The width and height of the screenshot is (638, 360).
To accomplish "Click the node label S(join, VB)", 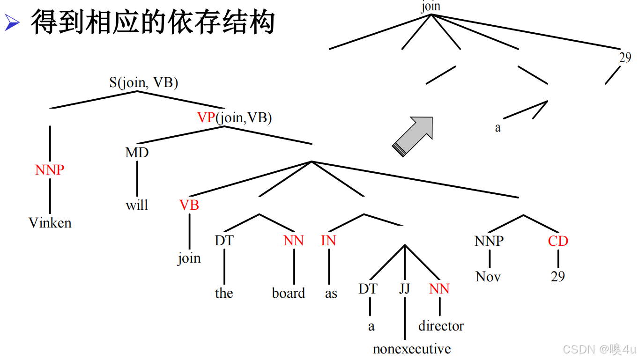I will [144, 83].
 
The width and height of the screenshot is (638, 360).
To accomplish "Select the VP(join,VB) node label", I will [235, 118].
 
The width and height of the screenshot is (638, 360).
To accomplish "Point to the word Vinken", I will [50, 223].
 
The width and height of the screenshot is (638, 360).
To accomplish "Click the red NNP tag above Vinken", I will [50, 170].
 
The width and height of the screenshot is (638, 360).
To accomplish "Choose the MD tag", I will [137, 153].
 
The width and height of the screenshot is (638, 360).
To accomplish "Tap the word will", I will [137, 205].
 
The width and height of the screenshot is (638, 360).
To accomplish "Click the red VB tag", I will [189, 205].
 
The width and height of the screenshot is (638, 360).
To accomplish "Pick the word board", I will [289, 294].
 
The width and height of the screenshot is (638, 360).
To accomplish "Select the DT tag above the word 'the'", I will [224, 241].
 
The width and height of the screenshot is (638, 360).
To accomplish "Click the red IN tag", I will [328, 241].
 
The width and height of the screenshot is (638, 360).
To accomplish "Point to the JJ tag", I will [405, 289].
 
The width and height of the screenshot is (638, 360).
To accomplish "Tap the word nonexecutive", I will [412, 349].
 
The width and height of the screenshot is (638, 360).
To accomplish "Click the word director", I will [441, 326].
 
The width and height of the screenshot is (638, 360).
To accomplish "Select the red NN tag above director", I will [439, 289].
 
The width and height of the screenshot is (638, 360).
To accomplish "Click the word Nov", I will [488, 277].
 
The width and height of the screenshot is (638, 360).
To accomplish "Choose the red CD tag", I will [558, 241].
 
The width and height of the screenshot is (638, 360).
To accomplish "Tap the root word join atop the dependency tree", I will [431, 6].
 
